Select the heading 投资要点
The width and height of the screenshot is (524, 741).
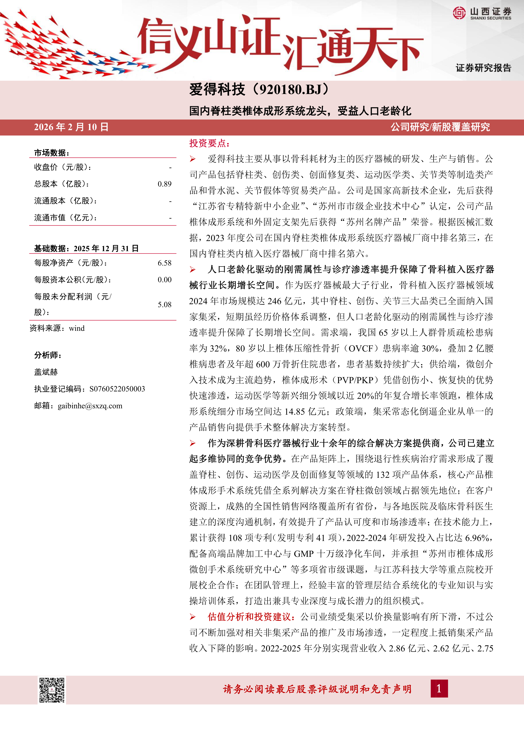pos(209,143)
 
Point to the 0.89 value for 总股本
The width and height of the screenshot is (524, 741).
pos(165,184)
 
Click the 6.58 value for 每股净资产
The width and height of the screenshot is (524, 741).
pos(165,263)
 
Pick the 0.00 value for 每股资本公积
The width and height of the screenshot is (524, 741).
pos(165,280)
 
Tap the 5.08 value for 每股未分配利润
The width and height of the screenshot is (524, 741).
pos(165,305)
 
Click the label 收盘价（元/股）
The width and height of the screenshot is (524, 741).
pos(63,167)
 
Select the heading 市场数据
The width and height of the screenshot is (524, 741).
pos(52,153)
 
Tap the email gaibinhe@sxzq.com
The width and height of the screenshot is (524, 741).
pos(90,406)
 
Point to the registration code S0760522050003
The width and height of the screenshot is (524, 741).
pos(117,389)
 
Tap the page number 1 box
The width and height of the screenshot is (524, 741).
pos(439,689)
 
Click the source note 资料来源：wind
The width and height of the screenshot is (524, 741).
pos(57,328)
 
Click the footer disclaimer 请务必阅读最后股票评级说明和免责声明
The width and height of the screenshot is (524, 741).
pos(317,689)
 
